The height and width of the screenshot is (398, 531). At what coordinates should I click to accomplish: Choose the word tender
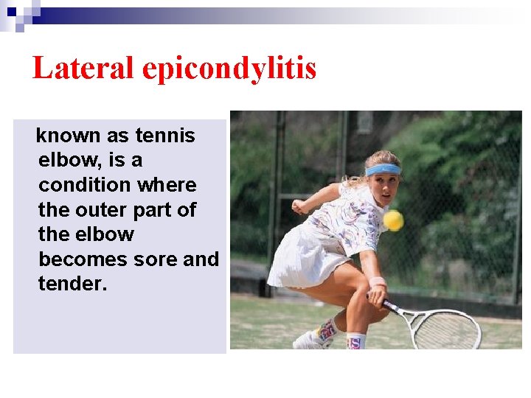(72, 284)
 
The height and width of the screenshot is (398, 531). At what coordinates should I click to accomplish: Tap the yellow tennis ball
(393, 220)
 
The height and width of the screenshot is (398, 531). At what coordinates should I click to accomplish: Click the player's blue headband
(383, 170)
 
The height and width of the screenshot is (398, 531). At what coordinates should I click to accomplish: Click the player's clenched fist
(298, 207)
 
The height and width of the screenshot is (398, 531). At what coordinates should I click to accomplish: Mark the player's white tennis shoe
(310, 341)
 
